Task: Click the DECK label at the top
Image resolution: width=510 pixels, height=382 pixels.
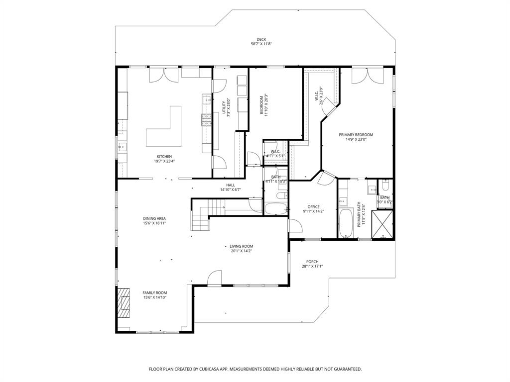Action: [x=261, y=39]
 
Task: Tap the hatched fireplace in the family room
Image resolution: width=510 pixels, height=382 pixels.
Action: [x=123, y=302]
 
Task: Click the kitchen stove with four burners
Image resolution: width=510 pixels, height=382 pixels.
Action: [x=206, y=120]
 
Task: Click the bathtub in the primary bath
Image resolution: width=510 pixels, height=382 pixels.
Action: [x=346, y=223]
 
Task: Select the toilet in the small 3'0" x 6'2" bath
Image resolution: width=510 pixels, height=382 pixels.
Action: [x=384, y=186]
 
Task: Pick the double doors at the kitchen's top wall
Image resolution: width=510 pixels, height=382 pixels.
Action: [x=164, y=75]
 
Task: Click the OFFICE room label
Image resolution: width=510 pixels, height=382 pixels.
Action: [x=313, y=207]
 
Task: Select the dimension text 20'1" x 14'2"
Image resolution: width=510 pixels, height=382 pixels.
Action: [x=241, y=251]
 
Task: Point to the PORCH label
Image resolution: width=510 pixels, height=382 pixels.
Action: [x=312, y=262]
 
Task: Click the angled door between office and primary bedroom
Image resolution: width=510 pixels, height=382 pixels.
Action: [x=327, y=178]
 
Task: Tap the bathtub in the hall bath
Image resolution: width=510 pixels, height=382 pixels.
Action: [x=275, y=208]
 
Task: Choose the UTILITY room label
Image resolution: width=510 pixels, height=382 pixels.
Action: [x=224, y=108]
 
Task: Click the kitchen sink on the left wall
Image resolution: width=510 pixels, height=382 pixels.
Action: [x=122, y=147]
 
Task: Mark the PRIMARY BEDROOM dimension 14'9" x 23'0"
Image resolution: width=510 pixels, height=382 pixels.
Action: [x=356, y=139]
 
